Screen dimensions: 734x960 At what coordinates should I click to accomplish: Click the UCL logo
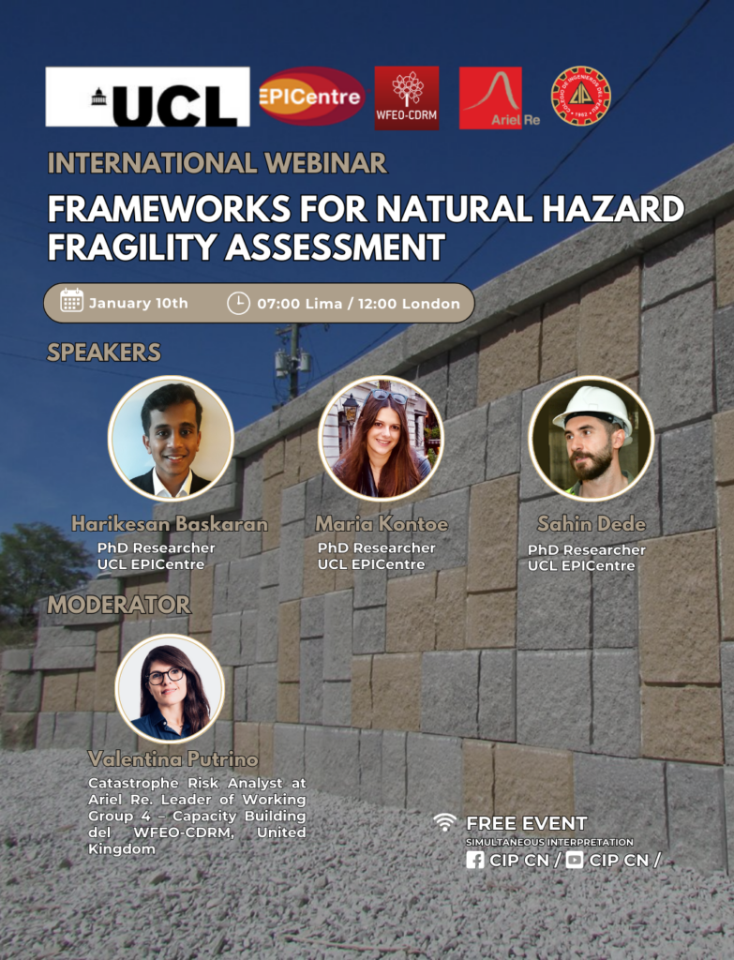[147, 97]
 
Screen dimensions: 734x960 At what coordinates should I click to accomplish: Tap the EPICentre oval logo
[311, 97]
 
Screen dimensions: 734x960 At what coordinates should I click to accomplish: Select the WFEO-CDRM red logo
[407, 97]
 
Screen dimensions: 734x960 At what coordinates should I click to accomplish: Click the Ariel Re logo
[500, 97]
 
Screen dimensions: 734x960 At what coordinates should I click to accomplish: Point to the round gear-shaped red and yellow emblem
[581, 97]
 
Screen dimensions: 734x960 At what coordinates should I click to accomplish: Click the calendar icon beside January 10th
[71, 301]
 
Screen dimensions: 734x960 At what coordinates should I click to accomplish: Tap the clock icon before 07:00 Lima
[238, 303]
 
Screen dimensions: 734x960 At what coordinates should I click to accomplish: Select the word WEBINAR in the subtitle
[325, 163]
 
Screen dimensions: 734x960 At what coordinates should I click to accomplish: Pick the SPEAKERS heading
[104, 352]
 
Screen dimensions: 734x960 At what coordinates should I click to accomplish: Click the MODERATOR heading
[119, 605]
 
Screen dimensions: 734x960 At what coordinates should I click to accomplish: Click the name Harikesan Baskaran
[170, 523]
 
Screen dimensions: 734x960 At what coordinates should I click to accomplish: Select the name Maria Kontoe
[382, 523]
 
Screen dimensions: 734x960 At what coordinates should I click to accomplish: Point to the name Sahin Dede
[592, 523]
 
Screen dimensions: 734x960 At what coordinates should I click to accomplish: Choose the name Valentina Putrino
[173, 759]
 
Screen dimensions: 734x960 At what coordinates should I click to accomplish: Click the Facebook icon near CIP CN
[475, 860]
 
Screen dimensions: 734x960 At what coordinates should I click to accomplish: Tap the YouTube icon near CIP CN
[575, 860]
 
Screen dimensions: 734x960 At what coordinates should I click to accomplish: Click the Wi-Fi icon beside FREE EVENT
[445, 821]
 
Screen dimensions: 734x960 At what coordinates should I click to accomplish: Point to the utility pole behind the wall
[293, 361]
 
